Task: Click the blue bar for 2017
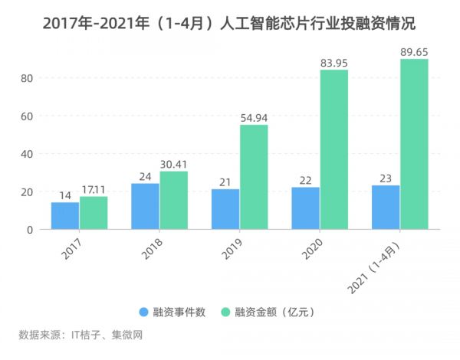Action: [64, 216]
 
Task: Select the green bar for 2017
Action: [94, 213]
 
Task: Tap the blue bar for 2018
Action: [145, 206]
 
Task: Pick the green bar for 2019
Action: [254, 177]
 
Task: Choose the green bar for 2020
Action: [333, 149]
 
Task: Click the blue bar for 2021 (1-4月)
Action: [385, 207]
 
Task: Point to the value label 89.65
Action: [414, 50]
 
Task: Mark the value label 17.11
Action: [94, 188]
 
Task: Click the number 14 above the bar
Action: [64, 194]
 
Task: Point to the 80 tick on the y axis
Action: [28, 78]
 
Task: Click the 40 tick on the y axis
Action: [28, 154]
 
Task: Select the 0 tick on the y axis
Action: [31, 230]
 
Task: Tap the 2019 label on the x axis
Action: [228, 249]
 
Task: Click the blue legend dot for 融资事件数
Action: [144, 312]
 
